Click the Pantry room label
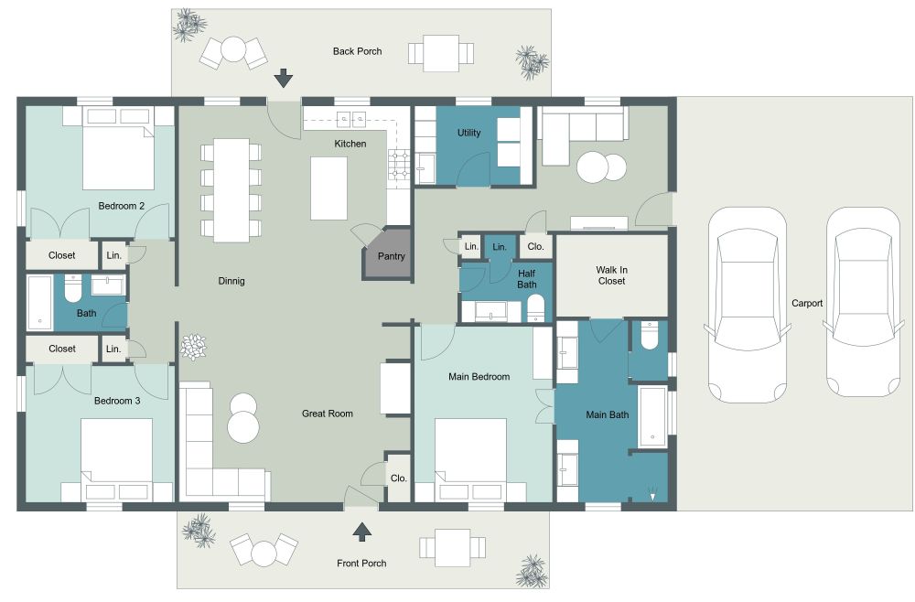tap(392, 257)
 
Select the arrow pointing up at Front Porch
tap(363, 532)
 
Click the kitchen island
tap(329, 188)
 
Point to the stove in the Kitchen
tap(400, 164)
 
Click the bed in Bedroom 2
tap(118, 146)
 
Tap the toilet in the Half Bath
tap(535, 307)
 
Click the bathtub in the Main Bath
tap(652, 416)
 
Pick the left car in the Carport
tap(749, 303)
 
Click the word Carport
tap(807, 303)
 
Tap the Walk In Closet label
tap(611, 275)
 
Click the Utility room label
tap(469, 134)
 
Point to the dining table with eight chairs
tap(231, 189)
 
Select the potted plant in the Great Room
tap(194, 348)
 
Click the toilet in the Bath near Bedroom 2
tap(72, 288)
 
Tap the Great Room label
tap(328, 414)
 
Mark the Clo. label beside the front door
tap(398, 478)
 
